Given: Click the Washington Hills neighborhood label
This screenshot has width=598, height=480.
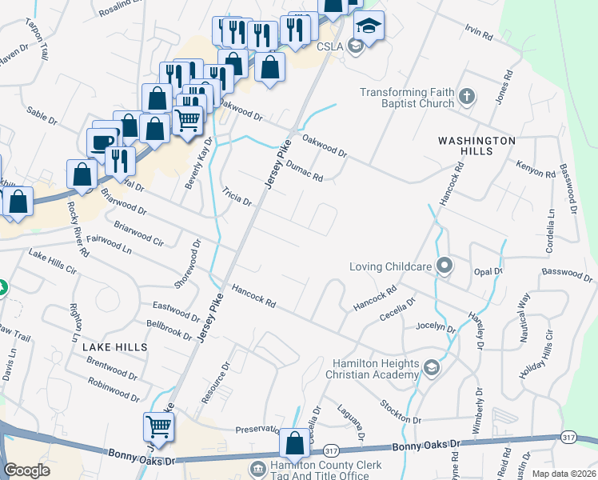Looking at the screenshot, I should pyautogui.click(x=476, y=146).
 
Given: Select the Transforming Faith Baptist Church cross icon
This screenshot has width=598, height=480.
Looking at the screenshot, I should pyautogui.click(x=468, y=98).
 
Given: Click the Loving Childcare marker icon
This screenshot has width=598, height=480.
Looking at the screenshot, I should pyautogui.click(x=446, y=266).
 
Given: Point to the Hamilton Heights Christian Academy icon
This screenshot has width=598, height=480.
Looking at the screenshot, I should pyautogui.click(x=432, y=368).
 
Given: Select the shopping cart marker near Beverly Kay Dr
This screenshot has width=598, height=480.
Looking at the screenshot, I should pyautogui.click(x=188, y=120).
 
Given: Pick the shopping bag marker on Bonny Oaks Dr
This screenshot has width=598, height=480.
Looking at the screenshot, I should pyautogui.click(x=294, y=442).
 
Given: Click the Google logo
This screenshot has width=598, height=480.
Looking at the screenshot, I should pyautogui.click(x=26, y=470).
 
